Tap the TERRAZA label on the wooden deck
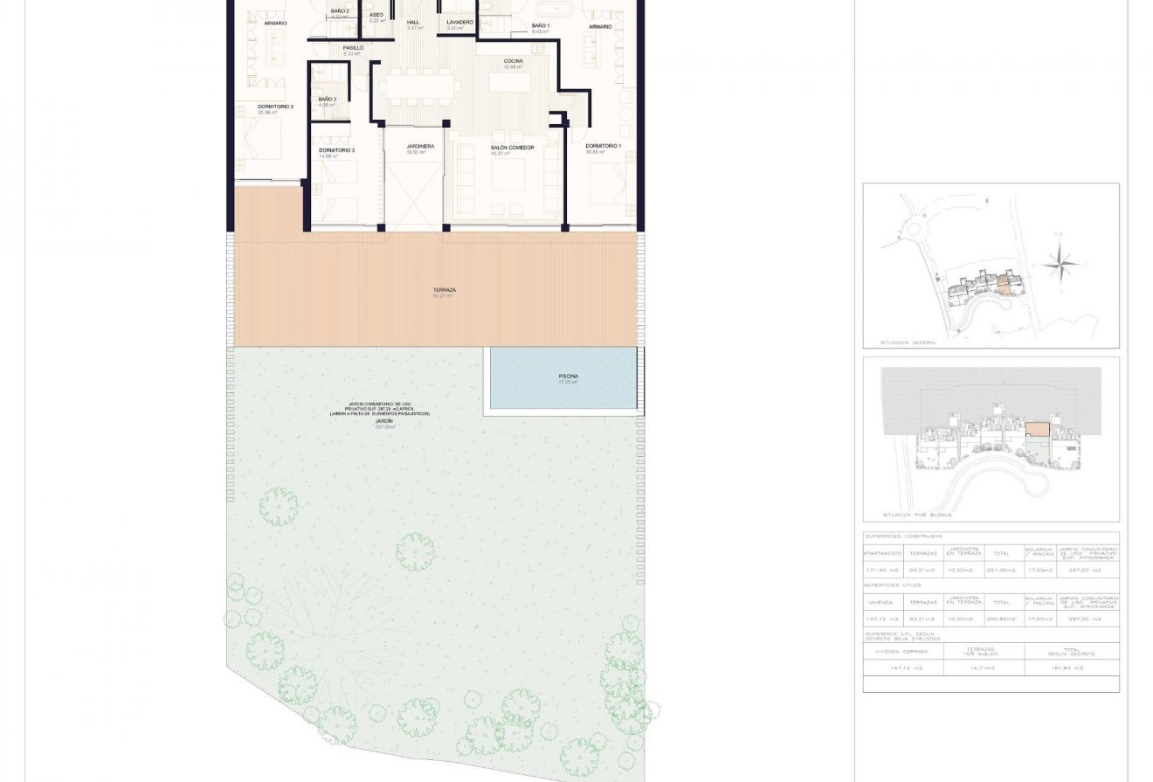point(445,290)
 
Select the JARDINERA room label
point(420,147)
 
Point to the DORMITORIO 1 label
point(603,146)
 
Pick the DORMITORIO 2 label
point(274,107)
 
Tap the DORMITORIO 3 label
point(336,150)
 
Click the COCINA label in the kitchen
point(513,61)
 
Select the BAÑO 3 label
point(327,100)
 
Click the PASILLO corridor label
point(353,48)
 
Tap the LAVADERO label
point(459,22)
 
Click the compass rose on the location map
point(1059,261)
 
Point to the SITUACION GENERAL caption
point(908,343)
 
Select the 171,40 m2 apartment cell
point(882,570)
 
